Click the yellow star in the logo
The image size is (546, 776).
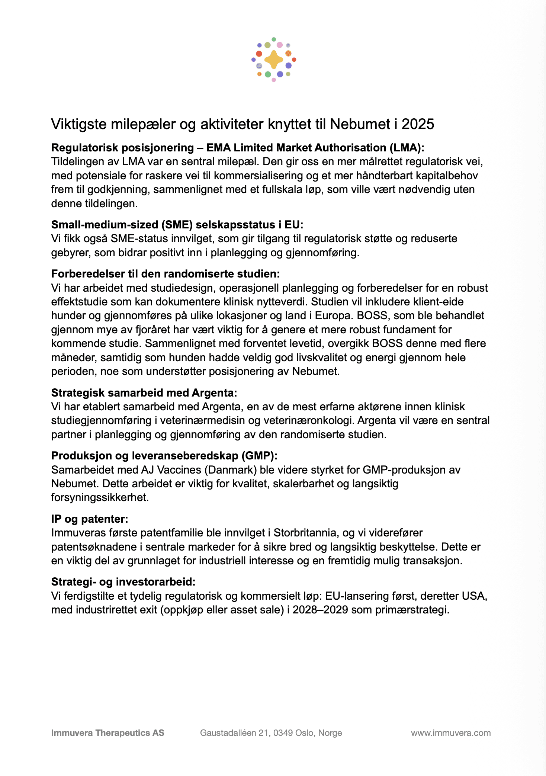click(x=274, y=60)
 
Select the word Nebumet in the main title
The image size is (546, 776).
click(x=360, y=124)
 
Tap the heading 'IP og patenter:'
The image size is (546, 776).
click(x=90, y=519)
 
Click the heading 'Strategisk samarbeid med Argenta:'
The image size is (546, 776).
click(x=144, y=393)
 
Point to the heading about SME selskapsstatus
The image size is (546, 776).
click(x=177, y=225)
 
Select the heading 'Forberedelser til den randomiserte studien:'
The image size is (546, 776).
click(x=166, y=274)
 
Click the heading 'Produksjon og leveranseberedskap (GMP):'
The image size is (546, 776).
click(x=164, y=456)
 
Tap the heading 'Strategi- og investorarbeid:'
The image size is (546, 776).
click(x=123, y=582)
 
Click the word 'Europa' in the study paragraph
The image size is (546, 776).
click(x=334, y=316)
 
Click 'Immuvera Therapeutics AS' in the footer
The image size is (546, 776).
click(x=107, y=733)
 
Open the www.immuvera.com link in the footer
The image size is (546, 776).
click(x=451, y=733)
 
